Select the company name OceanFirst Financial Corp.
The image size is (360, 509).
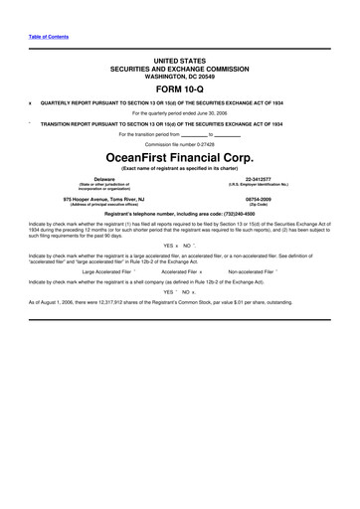(x=179, y=157)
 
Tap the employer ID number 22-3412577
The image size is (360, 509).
(x=261, y=179)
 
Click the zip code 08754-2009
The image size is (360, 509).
(x=261, y=199)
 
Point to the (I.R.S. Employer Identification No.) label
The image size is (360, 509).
(x=261, y=184)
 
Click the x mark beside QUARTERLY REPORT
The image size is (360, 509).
(x=31, y=101)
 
